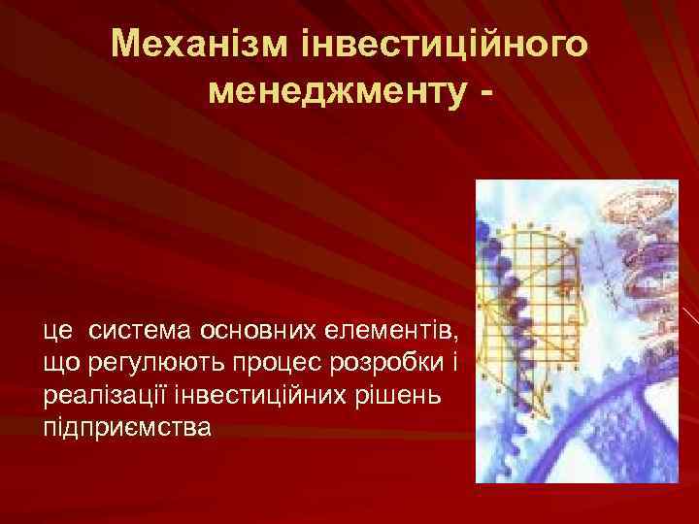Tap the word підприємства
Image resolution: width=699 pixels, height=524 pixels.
tap(125, 428)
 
